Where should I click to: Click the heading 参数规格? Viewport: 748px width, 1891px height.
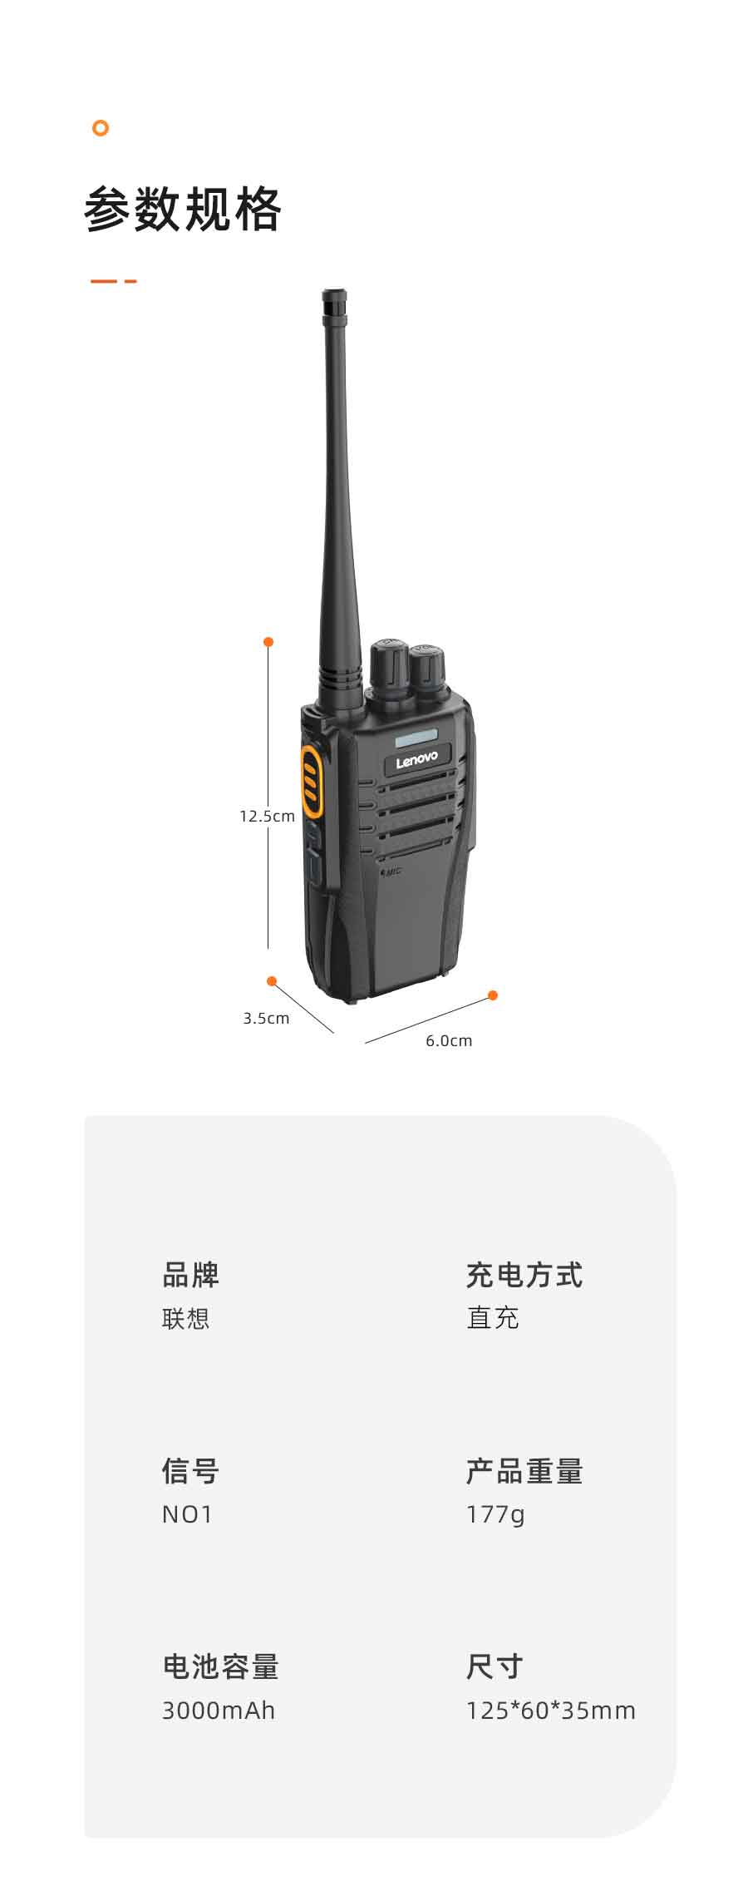pyautogui.click(x=183, y=209)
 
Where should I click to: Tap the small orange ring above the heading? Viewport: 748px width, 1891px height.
pyautogui.click(x=101, y=128)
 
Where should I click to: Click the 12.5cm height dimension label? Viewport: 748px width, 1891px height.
pyautogui.click(x=267, y=816)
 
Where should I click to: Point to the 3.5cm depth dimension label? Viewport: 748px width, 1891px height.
pyautogui.click(x=266, y=1018)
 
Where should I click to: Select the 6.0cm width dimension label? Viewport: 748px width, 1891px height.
pyautogui.click(x=449, y=1040)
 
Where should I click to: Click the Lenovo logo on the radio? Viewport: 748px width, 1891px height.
pyautogui.click(x=416, y=759)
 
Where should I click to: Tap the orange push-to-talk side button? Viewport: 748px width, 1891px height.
pyautogui.click(x=310, y=781)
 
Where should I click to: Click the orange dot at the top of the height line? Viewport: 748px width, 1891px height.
pyautogui.click(x=268, y=642)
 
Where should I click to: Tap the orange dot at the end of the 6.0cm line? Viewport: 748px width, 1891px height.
pyautogui.click(x=493, y=995)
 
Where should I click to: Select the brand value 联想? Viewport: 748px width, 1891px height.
pyautogui.click(x=185, y=1318)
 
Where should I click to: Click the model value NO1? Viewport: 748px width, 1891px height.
pyautogui.click(x=187, y=1514)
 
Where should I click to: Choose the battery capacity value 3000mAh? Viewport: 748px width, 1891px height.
pyautogui.click(x=219, y=1711)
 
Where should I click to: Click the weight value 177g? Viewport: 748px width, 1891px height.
pyautogui.click(x=495, y=1515)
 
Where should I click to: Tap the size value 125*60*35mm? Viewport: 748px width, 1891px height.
pyautogui.click(x=551, y=1711)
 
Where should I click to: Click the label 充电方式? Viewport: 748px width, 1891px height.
pyautogui.click(x=524, y=1275)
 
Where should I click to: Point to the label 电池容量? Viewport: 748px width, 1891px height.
pyautogui.click(x=220, y=1666)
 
